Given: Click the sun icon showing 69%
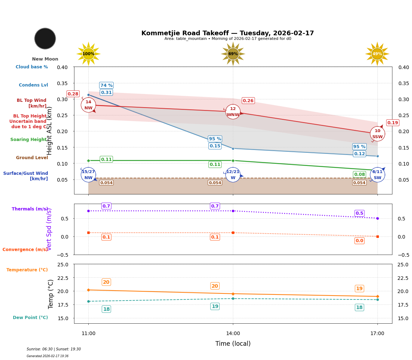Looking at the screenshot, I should [233, 54].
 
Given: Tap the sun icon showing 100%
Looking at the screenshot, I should [88, 54].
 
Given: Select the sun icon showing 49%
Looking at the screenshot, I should [377, 54].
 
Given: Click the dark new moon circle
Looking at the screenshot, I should [45, 38].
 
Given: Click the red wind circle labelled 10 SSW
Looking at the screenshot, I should [377, 134].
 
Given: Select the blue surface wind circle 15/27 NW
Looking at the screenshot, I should [88, 175].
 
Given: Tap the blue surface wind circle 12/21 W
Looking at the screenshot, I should [233, 175].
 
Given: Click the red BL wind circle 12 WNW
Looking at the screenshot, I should [233, 112].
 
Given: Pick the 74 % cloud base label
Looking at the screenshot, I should [106, 85].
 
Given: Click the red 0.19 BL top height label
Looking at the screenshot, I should [392, 123].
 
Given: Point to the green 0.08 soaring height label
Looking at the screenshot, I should [359, 174].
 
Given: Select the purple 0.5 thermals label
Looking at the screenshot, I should [359, 213].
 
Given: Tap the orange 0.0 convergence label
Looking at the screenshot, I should [359, 241].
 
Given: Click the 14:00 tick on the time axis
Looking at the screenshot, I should [233, 334].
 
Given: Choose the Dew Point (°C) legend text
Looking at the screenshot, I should [30, 318].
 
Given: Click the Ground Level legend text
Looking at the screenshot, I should [32, 158].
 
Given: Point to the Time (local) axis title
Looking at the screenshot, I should [233, 344].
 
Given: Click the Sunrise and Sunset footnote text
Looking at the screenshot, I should [53, 349].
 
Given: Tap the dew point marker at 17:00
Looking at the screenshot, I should [377, 299].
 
